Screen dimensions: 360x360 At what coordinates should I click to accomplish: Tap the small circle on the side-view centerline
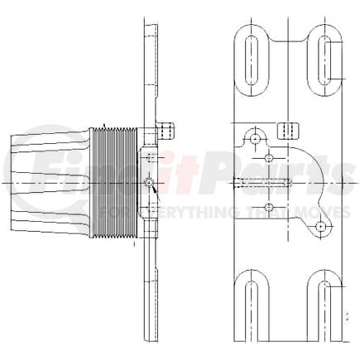tap(148, 181)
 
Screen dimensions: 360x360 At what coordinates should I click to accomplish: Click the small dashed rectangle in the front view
tap(290, 130)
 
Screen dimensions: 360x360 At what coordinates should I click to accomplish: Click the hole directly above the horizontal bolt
tap(267, 157)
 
